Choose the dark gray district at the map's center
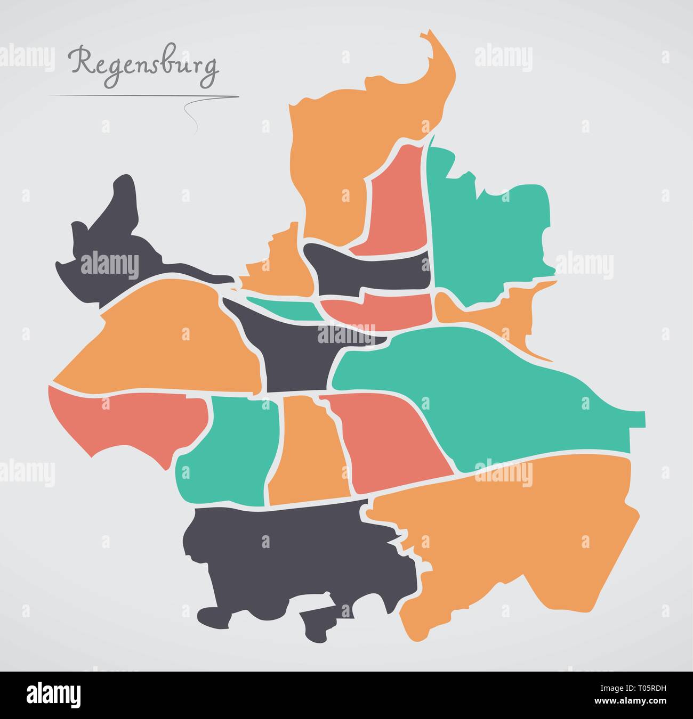293,352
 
